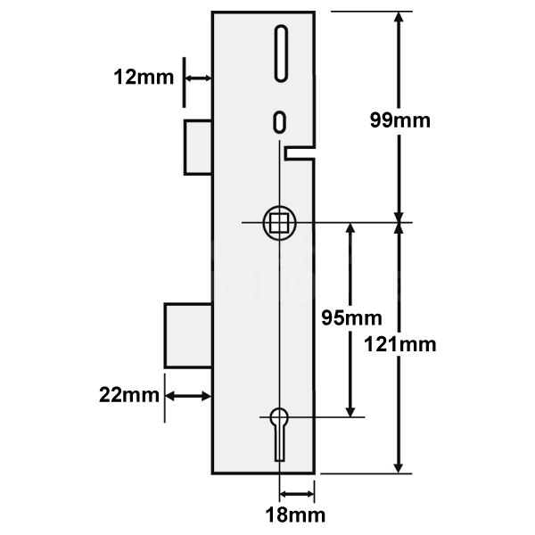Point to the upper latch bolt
(x=198, y=147)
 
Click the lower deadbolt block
(x=188, y=334)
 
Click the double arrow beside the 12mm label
(x=198, y=78)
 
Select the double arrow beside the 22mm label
(x=187, y=395)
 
